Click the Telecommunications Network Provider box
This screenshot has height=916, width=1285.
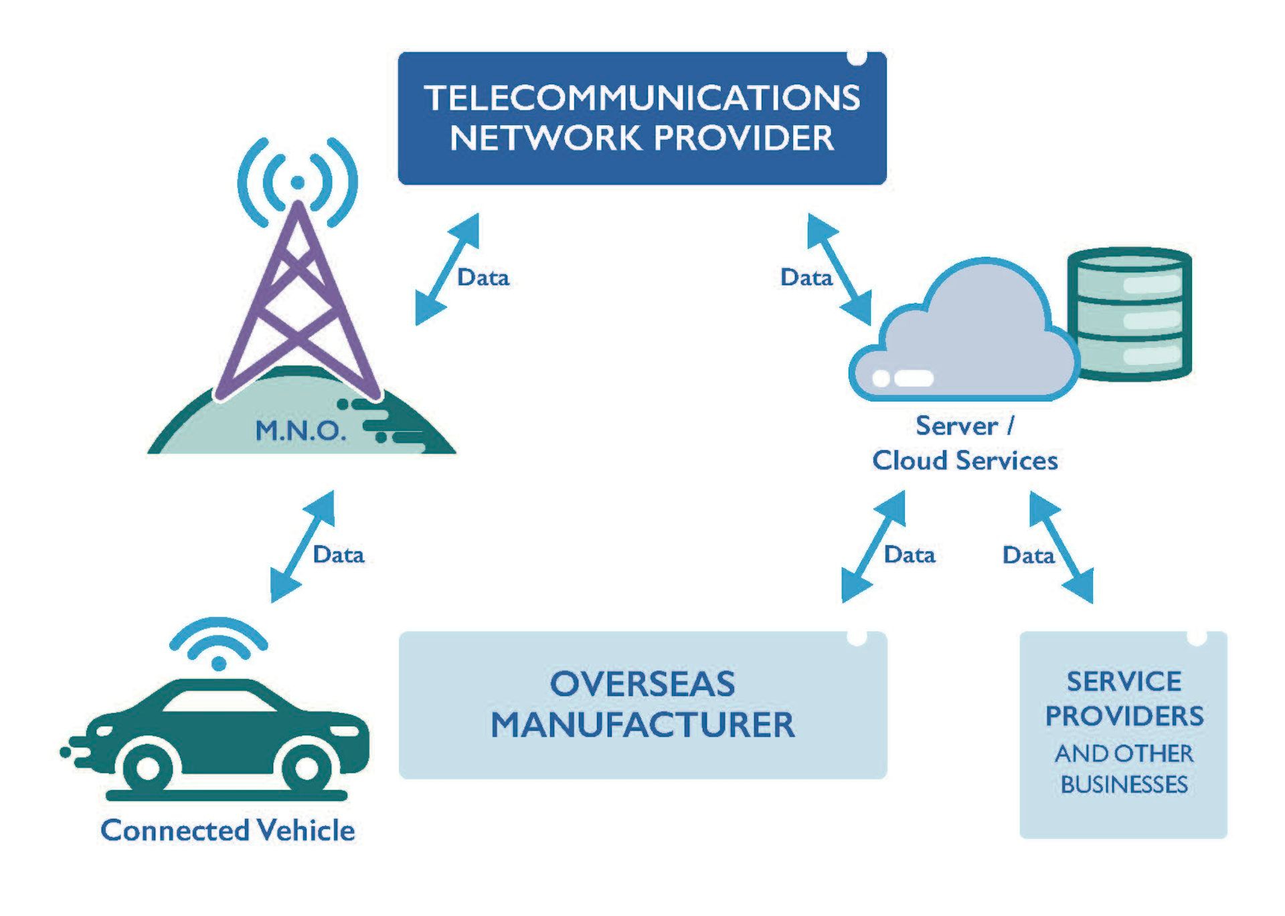click(642, 118)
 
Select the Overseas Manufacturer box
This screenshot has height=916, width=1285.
click(642, 705)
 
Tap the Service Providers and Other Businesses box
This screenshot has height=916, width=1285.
click(1123, 734)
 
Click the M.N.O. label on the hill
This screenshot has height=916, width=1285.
click(301, 430)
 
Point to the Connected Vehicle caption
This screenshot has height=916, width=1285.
click(228, 830)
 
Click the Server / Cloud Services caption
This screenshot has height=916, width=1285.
click(964, 443)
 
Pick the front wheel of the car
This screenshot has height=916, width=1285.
click(306, 767)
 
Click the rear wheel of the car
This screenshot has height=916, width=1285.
click(147, 767)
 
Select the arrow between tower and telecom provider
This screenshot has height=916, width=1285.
click(447, 269)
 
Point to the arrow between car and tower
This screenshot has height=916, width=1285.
click(302, 547)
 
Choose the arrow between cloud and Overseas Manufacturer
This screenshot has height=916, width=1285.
click(873, 547)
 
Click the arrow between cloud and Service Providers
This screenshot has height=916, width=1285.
click(1061, 547)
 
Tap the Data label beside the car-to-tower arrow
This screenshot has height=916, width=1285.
click(339, 555)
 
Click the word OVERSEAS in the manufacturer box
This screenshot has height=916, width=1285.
click(642, 684)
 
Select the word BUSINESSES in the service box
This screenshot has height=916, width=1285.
click(1124, 784)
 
